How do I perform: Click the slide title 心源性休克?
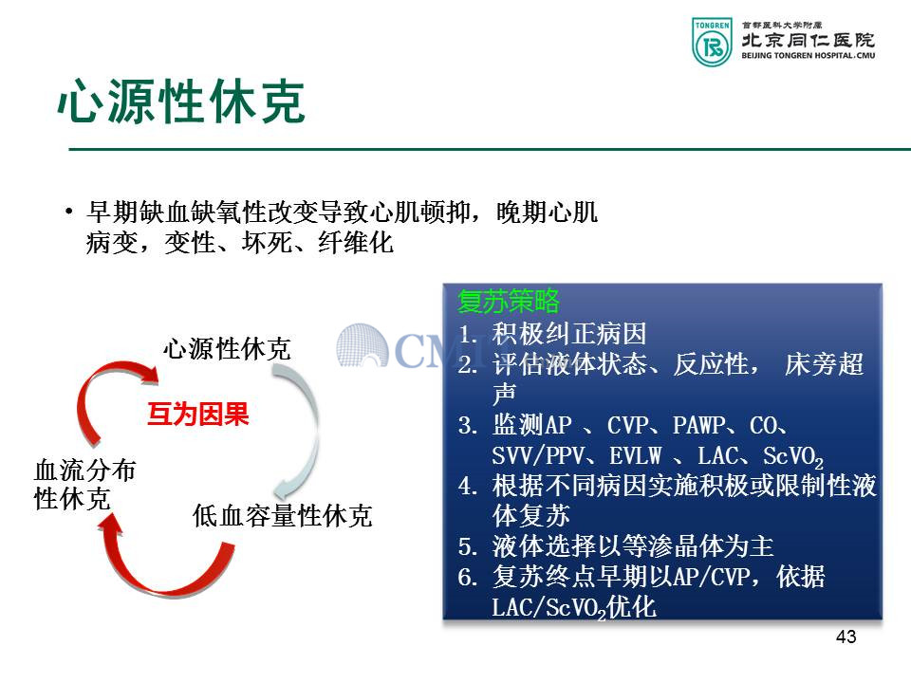tap(180, 102)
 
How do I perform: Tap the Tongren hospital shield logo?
tap(712, 42)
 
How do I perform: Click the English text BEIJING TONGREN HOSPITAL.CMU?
tap(809, 56)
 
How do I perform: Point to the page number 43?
tap(846, 637)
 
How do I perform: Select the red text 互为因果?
tap(198, 415)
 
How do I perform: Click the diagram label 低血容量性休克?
tap(283, 516)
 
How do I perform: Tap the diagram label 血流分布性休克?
tap(84, 485)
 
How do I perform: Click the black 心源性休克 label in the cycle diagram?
tap(227, 349)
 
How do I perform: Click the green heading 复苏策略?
tap(509, 301)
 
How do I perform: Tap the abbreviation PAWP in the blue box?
tap(699, 425)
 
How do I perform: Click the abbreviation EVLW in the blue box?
tap(636, 456)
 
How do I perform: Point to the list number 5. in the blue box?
tap(468, 546)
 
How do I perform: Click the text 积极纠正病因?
tap(569, 334)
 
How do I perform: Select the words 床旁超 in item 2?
tap(824, 364)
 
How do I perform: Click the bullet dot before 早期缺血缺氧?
tap(69, 212)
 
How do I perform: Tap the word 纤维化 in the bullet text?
tap(356, 242)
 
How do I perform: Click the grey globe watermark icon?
tap(362, 345)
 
